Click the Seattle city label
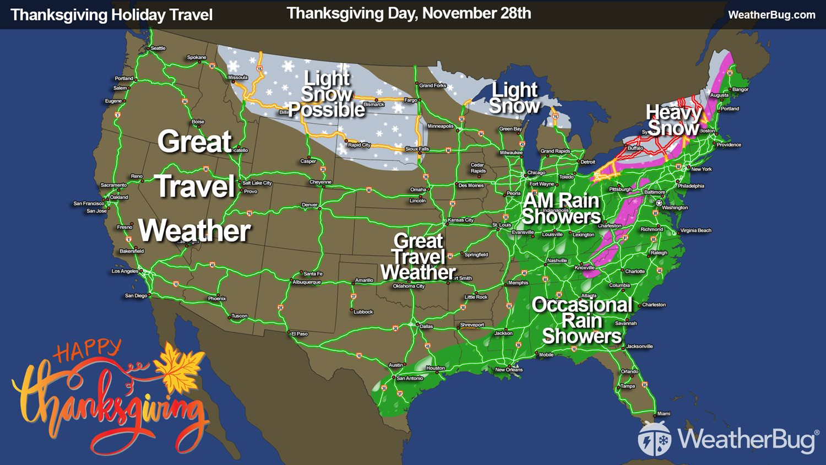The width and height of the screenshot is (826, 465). point(158,48)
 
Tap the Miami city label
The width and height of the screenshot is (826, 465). point(664,414)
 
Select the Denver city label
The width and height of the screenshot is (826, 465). point(309,205)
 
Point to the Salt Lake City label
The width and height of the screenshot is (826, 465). point(257,183)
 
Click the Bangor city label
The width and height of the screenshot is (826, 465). point(740,89)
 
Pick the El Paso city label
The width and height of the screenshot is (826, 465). point(300,334)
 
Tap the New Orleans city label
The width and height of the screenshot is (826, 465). point(509,370)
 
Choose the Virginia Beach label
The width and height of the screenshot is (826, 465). point(695,230)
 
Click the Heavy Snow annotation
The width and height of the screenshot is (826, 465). point(673,120)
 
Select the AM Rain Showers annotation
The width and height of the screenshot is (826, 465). point(561,208)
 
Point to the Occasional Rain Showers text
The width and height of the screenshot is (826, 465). point(582,320)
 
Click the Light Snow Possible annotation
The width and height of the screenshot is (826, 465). point(327,94)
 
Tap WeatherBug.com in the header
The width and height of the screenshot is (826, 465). point(771,15)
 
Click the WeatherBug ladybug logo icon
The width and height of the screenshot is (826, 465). point(654,439)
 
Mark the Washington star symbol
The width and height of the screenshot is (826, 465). point(659,203)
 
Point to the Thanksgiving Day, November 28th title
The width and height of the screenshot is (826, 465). point(409,13)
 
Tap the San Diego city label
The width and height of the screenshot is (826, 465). point(136,296)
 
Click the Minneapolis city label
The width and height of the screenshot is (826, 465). point(441,126)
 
